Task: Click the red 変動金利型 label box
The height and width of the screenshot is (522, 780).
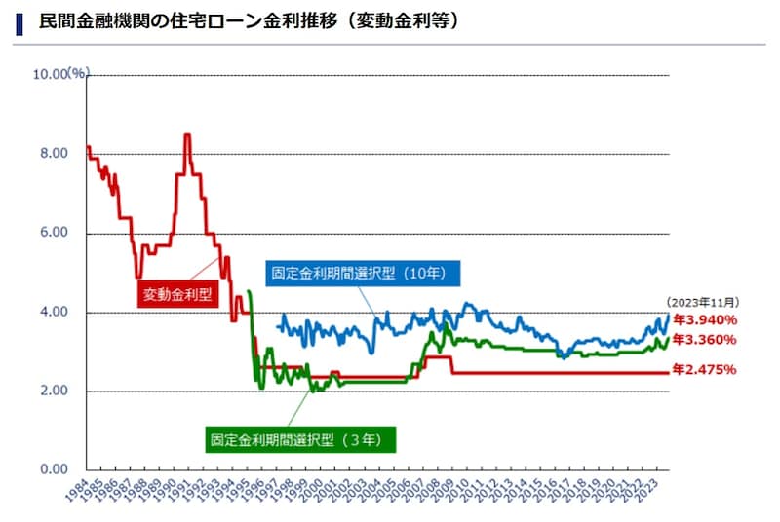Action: (x=177, y=293)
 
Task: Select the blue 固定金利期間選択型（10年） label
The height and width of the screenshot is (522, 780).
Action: (x=361, y=273)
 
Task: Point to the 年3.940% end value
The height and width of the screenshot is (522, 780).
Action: (x=704, y=319)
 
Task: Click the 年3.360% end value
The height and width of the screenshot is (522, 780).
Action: (x=704, y=339)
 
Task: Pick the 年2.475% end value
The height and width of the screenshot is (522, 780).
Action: (x=704, y=370)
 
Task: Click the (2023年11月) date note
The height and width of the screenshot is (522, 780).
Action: (x=702, y=302)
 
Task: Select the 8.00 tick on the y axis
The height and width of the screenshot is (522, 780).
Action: (x=53, y=154)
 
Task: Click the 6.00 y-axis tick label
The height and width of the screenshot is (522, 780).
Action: (x=53, y=233)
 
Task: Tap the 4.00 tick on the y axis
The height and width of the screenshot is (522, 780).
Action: (x=53, y=313)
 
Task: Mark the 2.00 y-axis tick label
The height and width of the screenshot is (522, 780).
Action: (x=53, y=391)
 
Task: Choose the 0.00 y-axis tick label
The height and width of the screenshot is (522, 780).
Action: (x=53, y=470)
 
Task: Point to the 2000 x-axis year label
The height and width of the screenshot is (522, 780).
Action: (x=312, y=492)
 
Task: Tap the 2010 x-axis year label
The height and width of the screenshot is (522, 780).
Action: (x=459, y=492)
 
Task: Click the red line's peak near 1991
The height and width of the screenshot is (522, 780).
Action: (x=186, y=135)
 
